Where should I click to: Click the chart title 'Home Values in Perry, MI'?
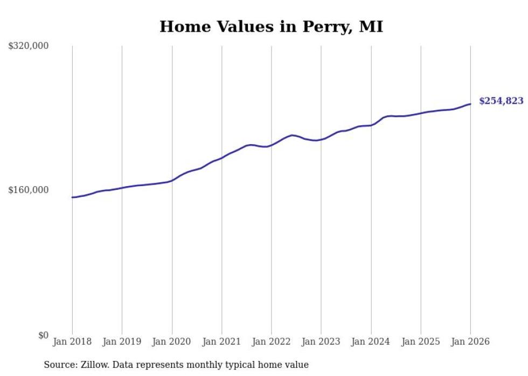[271, 27]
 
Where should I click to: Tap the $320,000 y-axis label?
[29, 46]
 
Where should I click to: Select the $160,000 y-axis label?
[29, 190]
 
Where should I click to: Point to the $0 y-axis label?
[43, 335]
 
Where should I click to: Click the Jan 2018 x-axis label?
[72, 342]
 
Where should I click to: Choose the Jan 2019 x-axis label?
[122, 342]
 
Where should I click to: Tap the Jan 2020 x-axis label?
[172, 342]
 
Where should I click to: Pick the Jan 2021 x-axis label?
[221, 342]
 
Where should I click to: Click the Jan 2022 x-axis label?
[271, 342]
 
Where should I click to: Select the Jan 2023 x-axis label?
[321, 342]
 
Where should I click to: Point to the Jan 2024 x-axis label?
[371, 342]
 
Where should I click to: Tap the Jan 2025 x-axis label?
[420, 342]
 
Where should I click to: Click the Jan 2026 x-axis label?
[470, 342]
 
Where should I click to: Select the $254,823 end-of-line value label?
[501, 101]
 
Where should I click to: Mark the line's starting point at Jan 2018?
[73, 197]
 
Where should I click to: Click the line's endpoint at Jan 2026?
[470, 104]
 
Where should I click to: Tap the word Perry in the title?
[322, 27]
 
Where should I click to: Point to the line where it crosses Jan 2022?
[272, 144]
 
